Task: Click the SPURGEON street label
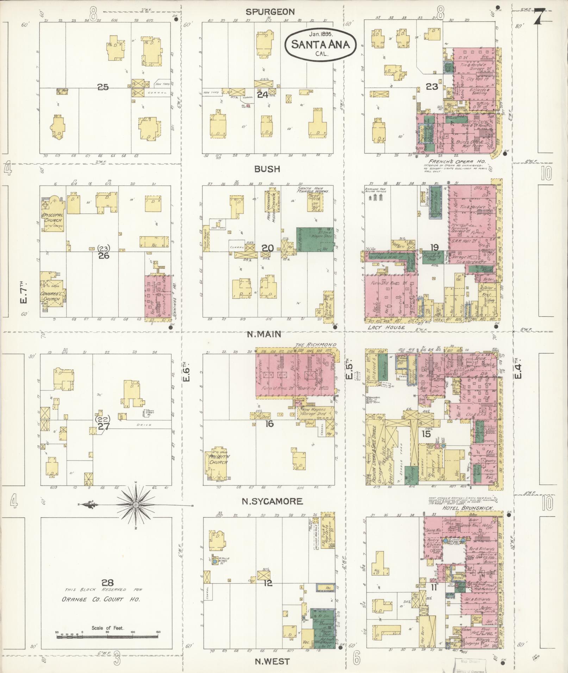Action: (270, 12)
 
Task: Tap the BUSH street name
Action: (268, 169)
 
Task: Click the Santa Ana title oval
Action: (320, 44)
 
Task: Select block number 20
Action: (267, 248)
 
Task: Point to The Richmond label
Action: (316, 344)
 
